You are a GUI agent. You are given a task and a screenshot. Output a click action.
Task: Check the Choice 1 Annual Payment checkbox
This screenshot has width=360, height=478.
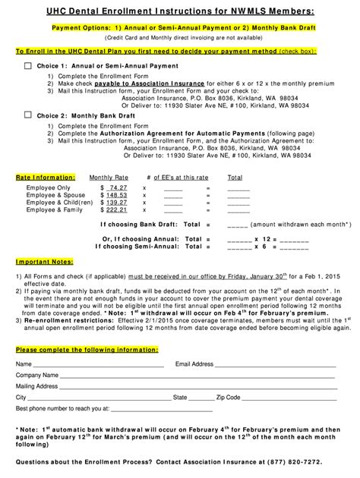coord(28,66)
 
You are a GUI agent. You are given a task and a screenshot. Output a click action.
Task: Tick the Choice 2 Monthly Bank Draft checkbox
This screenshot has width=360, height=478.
coord(28,115)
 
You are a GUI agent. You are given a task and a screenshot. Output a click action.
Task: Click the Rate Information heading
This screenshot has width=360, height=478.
coord(42,177)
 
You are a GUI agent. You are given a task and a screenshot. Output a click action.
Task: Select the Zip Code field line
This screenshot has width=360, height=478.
coord(289,398)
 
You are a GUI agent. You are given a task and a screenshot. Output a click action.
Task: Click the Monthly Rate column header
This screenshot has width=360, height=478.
coord(109,177)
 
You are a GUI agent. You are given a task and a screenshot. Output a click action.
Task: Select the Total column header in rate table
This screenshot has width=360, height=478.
coord(235,177)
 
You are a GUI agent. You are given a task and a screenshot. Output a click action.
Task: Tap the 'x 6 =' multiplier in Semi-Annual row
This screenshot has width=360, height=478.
coord(266,246)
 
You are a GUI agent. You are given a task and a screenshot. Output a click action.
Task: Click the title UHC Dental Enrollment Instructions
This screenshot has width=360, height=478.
coord(179,9)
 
